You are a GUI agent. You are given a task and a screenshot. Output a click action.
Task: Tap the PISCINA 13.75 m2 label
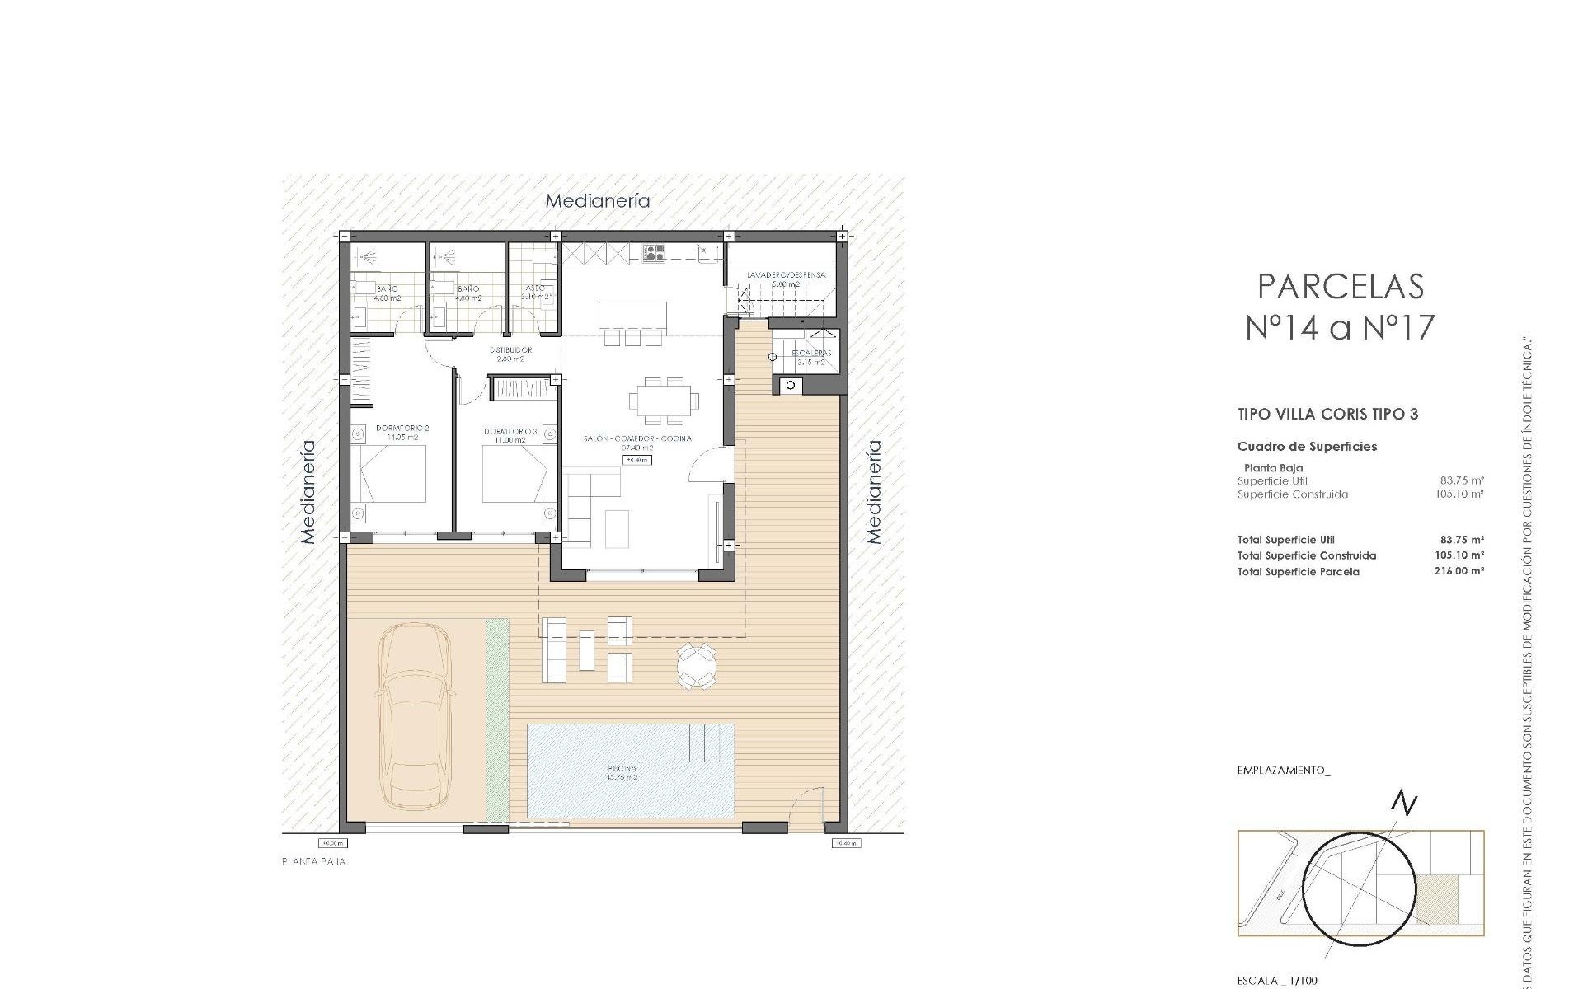[622, 773]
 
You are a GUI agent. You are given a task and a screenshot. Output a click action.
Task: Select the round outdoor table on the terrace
[698, 666]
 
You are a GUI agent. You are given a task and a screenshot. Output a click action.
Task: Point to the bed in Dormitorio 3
[514, 474]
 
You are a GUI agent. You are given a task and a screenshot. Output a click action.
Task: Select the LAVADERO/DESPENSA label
[786, 276]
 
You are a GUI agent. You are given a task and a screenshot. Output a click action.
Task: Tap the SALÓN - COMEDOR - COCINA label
[636, 439]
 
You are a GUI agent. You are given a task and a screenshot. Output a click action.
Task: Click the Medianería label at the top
[598, 201]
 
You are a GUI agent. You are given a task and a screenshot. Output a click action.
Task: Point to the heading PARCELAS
[1341, 286]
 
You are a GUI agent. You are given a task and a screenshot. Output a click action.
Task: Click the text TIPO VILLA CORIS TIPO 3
[1327, 415]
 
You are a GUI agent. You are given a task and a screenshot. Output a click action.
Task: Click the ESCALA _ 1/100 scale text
[1277, 981]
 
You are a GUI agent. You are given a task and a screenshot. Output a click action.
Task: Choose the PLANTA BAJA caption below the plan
[313, 862]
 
